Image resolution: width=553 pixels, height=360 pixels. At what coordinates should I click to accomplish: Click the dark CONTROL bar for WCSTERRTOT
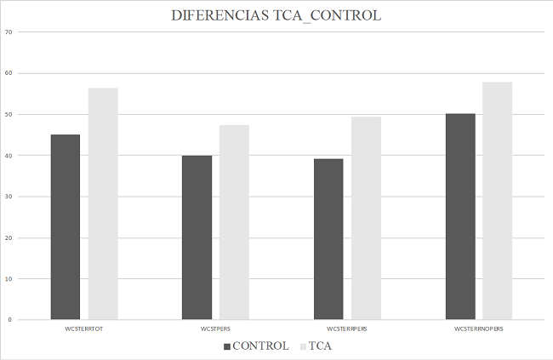tap(66, 226)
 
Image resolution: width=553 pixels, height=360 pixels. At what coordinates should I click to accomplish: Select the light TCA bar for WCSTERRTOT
tap(103, 203)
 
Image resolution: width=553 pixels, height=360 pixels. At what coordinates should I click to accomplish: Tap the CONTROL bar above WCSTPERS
tap(197, 237)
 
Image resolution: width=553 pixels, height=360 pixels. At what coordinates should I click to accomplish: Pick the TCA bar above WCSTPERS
tap(234, 222)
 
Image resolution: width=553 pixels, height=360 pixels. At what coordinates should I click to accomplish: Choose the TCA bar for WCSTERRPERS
tap(366, 218)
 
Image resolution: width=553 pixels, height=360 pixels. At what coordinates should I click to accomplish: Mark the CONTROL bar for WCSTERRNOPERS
tap(460, 216)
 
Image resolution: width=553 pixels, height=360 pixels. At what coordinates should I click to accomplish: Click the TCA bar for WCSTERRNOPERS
tap(498, 201)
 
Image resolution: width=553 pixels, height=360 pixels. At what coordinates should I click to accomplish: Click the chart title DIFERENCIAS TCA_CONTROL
tap(276, 16)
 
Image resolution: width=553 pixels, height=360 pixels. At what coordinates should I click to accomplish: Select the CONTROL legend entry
tap(256, 346)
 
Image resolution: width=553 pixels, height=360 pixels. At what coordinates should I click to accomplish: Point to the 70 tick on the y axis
tap(9, 32)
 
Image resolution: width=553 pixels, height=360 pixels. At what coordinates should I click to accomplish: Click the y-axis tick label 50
tap(9, 114)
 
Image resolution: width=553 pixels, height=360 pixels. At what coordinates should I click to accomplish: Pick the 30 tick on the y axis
tap(9, 197)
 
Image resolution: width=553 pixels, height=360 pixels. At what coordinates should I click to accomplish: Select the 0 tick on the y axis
tap(10, 320)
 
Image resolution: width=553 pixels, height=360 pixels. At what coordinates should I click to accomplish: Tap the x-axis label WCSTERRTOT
tap(84, 328)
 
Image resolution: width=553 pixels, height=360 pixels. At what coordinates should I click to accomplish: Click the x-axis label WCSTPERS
tap(215, 328)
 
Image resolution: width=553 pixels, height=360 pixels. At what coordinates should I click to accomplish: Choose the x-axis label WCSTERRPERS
tap(347, 328)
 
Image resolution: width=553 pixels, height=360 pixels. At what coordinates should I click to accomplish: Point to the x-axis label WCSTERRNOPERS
tap(479, 328)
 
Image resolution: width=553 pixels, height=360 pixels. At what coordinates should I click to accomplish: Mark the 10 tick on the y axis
tap(9, 278)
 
